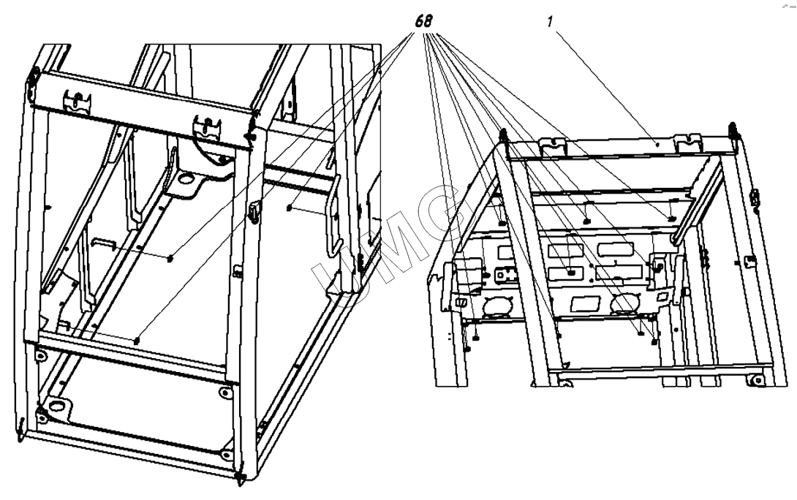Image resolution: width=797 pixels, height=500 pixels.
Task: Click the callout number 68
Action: tap(423, 21)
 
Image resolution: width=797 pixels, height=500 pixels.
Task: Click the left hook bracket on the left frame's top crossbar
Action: tap(77, 101)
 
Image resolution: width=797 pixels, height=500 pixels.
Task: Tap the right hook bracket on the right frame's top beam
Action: tap(688, 142)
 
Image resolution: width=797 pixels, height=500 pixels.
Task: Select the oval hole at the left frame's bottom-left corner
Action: tap(56, 406)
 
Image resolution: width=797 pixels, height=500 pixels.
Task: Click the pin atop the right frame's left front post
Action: tap(503, 136)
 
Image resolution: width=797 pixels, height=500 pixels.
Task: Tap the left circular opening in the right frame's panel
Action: tap(496, 306)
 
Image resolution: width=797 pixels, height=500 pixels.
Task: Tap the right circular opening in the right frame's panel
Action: tap(624, 303)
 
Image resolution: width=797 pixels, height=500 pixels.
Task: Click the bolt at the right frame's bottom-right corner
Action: tap(758, 379)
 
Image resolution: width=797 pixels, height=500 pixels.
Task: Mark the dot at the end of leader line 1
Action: tap(657, 144)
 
